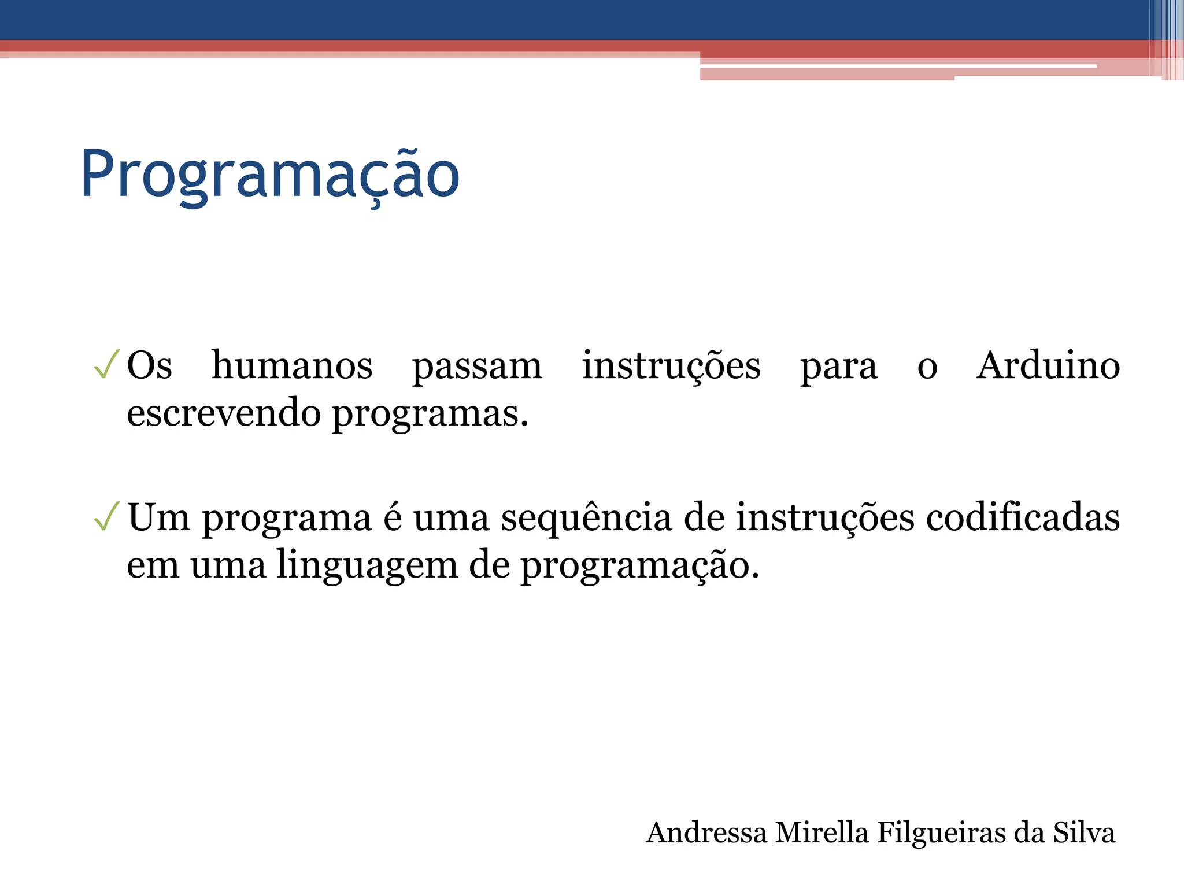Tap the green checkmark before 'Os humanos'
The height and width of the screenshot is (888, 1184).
point(106,364)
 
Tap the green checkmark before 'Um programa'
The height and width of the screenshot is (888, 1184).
point(106,516)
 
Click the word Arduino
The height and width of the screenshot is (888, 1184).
point(1048,365)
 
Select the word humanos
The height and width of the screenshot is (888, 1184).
point(292,365)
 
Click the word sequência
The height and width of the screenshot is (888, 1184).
point(586,518)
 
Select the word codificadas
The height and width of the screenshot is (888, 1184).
point(1023,517)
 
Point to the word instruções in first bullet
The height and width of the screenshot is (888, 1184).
point(671,367)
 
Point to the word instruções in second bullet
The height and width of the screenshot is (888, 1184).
point(825,518)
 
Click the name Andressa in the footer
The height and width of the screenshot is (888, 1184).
point(706,833)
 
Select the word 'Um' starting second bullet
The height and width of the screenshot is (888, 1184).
point(158,517)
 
